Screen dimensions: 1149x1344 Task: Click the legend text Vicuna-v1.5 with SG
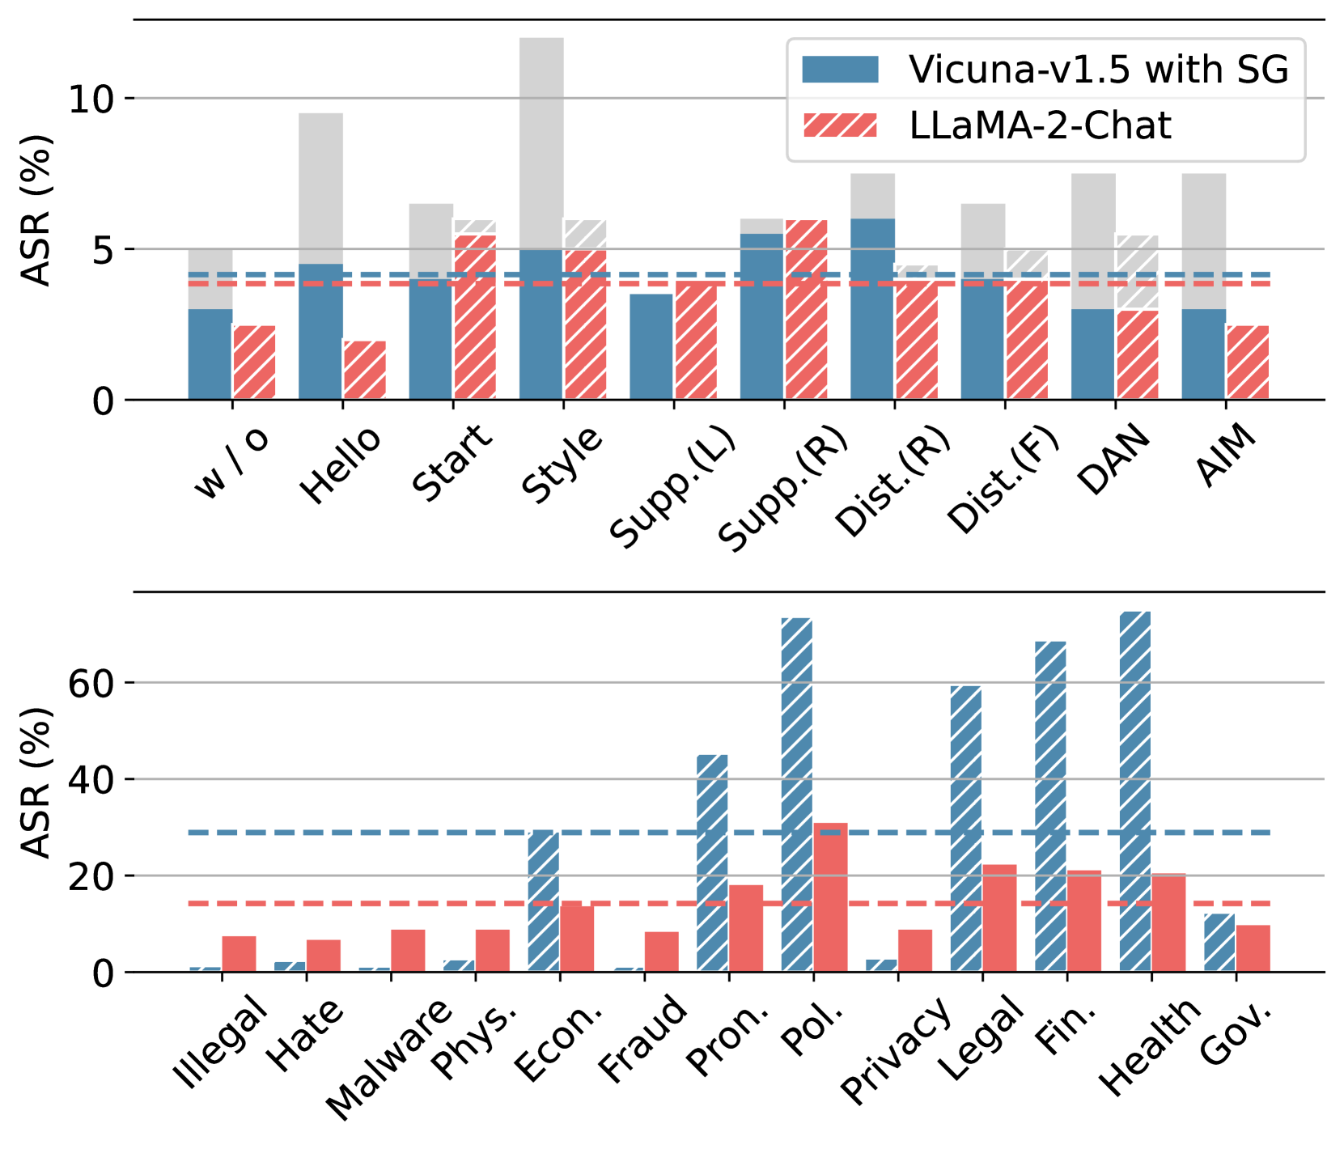[x=1098, y=70]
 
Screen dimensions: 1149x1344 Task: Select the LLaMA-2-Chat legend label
[x=1040, y=126]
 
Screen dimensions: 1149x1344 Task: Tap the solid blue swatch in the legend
[x=839, y=70]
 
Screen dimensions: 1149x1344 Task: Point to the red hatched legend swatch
[x=839, y=126]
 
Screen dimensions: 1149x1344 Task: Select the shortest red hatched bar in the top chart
[x=364, y=370]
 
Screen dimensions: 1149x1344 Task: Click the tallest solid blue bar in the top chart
[x=872, y=308]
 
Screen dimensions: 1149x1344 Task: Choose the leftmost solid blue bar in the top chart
[x=210, y=354]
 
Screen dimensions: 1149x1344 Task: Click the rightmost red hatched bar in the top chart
[x=1247, y=362]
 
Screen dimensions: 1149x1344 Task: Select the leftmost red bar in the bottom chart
[x=239, y=953]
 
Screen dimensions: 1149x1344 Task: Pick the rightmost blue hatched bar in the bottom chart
[x=1219, y=942]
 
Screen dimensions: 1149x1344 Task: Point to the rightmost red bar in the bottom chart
[x=1253, y=948]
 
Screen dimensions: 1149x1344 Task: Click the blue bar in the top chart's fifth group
[x=651, y=346]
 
